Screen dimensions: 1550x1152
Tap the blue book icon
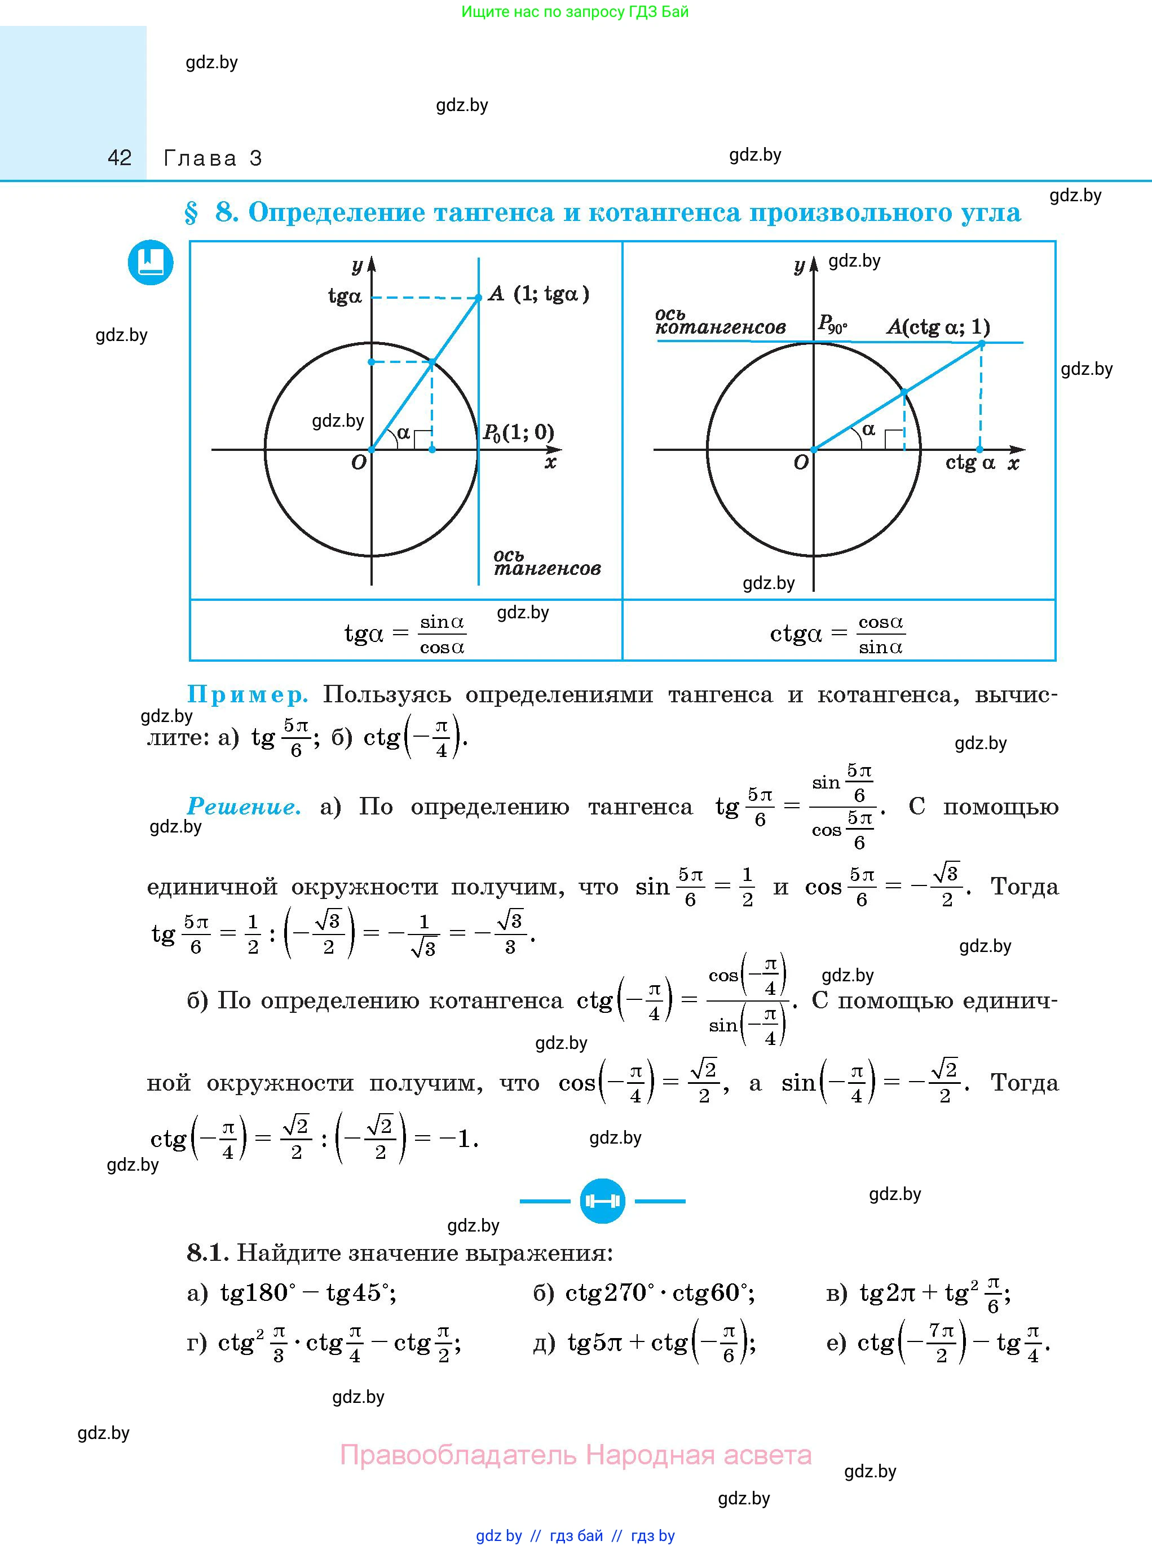pos(150,263)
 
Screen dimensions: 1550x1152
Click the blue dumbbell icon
pos(602,1201)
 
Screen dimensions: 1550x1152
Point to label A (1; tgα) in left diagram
pos(539,294)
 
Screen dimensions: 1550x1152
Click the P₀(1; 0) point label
pos(518,433)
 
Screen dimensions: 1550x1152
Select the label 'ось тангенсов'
pos(546,563)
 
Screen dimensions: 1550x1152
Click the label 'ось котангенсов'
pos(720,321)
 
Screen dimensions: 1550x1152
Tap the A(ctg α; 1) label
pos(938,327)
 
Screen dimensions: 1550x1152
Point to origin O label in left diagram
pos(359,463)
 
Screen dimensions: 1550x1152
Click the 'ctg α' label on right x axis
pos(969,463)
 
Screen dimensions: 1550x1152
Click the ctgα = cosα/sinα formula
pos(837,634)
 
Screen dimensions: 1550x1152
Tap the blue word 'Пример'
pos(247,695)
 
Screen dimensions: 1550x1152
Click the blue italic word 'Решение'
pos(244,807)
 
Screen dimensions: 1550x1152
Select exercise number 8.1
pos(206,1253)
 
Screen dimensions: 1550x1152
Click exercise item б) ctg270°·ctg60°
pos(643,1294)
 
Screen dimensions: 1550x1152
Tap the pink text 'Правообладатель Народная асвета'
pos(575,1455)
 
